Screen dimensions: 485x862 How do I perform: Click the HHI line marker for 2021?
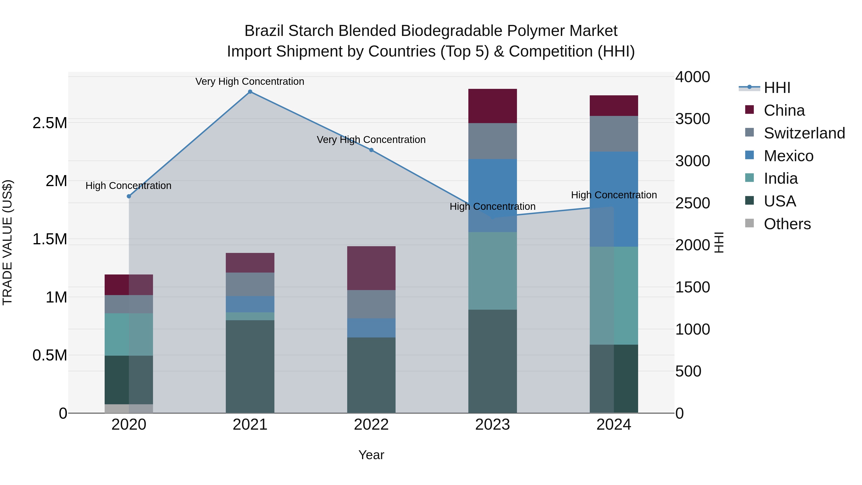point(250,92)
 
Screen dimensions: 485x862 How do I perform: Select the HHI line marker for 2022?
point(371,150)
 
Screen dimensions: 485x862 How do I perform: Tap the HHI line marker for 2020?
point(129,196)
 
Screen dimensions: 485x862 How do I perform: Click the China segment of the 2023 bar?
point(492,106)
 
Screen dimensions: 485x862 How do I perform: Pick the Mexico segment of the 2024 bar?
point(614,199)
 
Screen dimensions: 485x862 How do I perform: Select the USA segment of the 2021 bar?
point(250,366)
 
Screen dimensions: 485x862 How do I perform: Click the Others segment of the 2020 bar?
point(129,409)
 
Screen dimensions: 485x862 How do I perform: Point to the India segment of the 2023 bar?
point(492,271)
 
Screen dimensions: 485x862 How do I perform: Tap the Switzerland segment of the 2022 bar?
point(371,304)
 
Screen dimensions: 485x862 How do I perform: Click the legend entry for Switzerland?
point(804,133)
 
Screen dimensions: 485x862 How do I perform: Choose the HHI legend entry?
point(777,88)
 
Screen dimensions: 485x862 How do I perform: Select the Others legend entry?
point(787,224)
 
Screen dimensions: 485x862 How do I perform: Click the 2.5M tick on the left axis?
point(50,123)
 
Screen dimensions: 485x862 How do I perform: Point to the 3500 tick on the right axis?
point(692,119)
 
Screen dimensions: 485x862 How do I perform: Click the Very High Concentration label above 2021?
point(250,81)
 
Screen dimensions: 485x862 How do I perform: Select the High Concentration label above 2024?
point(614,195)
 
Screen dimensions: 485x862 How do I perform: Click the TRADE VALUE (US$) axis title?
point(8,242)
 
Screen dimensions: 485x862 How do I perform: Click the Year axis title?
point(371,455)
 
